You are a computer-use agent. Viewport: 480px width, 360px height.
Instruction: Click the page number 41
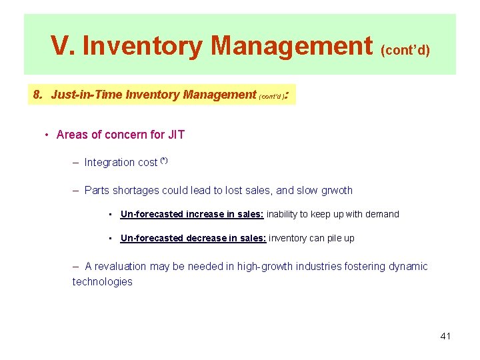pos(445,336)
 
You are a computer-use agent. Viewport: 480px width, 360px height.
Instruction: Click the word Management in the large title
pos(291,46)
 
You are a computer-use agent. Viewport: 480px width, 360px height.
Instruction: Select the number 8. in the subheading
pos(38,95)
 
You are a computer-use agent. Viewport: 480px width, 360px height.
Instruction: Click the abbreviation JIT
pos(176,135)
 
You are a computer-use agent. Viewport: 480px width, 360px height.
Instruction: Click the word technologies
pos(102,281)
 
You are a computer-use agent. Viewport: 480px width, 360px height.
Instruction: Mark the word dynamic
pos(407,267)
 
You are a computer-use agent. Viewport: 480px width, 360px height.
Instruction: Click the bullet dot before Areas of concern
pos(47,135)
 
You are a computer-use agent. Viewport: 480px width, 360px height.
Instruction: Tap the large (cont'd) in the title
pos(405,50)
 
